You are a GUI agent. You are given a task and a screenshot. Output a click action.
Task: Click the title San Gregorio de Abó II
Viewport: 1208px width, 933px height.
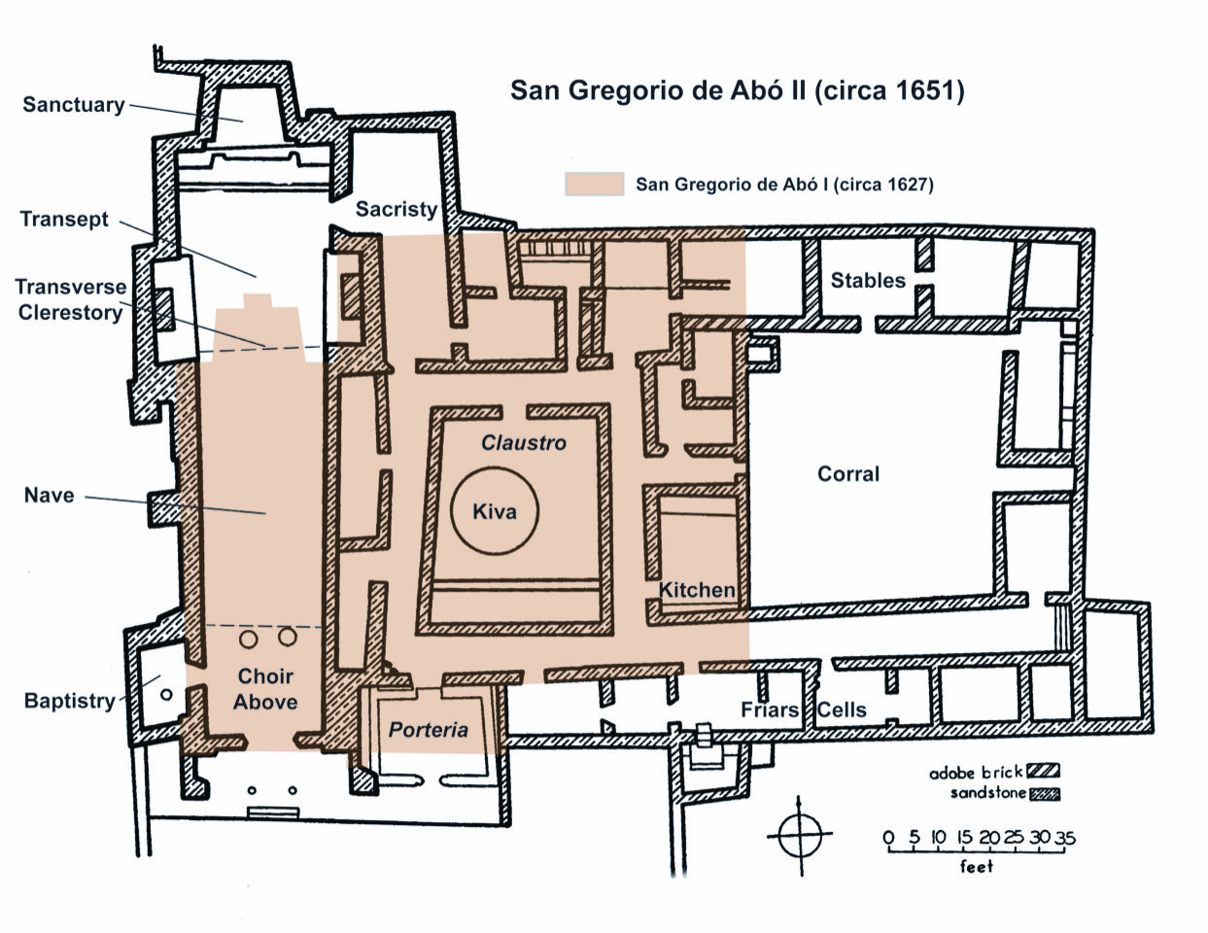pos(737,90)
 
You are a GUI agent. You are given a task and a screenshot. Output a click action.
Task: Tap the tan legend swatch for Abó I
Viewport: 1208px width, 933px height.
pos(594,185)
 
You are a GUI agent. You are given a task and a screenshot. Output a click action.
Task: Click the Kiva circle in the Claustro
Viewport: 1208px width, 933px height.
pos(496,511)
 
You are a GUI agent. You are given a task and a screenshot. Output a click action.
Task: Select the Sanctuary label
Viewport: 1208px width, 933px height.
pos(74,104)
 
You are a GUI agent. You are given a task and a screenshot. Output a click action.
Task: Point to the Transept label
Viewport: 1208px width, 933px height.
pos(64,219)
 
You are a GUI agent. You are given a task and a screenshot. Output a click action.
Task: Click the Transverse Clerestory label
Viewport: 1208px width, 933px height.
pos(70,299)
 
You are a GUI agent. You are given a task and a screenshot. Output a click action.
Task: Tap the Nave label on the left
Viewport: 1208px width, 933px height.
pos(49,496)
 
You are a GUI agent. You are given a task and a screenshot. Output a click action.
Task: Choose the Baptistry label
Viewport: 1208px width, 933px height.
pos(69,701)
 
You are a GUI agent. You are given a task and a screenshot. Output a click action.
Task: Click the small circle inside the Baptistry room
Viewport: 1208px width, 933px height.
pos(166,694)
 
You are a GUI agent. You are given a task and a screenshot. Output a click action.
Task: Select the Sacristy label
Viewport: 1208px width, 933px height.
pos(396,209)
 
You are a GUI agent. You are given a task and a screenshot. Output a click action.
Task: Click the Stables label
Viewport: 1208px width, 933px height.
pos(867,281)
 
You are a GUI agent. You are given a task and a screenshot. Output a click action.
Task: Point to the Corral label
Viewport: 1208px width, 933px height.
pos(847,474)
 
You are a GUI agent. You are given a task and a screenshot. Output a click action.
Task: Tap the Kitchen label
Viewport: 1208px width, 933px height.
pos(697,590)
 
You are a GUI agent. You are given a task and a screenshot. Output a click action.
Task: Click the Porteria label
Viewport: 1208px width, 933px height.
pos(429,730)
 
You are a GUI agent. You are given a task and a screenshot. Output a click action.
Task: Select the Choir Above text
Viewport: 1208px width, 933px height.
pos(265,689)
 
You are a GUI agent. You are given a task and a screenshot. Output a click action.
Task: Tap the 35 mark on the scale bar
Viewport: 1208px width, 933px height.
pos(1065,838)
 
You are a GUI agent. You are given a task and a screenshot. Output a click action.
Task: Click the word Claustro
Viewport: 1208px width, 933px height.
pos(524,443)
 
